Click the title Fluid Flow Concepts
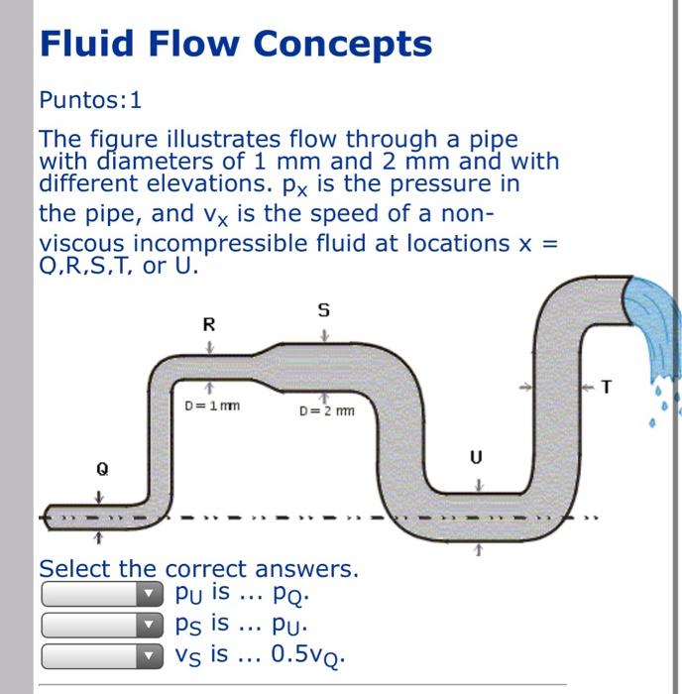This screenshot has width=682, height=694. pos(235,45)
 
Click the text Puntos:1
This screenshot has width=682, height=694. pos(90,100)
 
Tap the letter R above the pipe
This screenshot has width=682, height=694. pos(208,324)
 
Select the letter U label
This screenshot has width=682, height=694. pos(477,458)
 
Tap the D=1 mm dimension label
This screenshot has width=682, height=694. pos(213,405)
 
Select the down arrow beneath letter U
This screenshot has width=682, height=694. pos(478,483)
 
